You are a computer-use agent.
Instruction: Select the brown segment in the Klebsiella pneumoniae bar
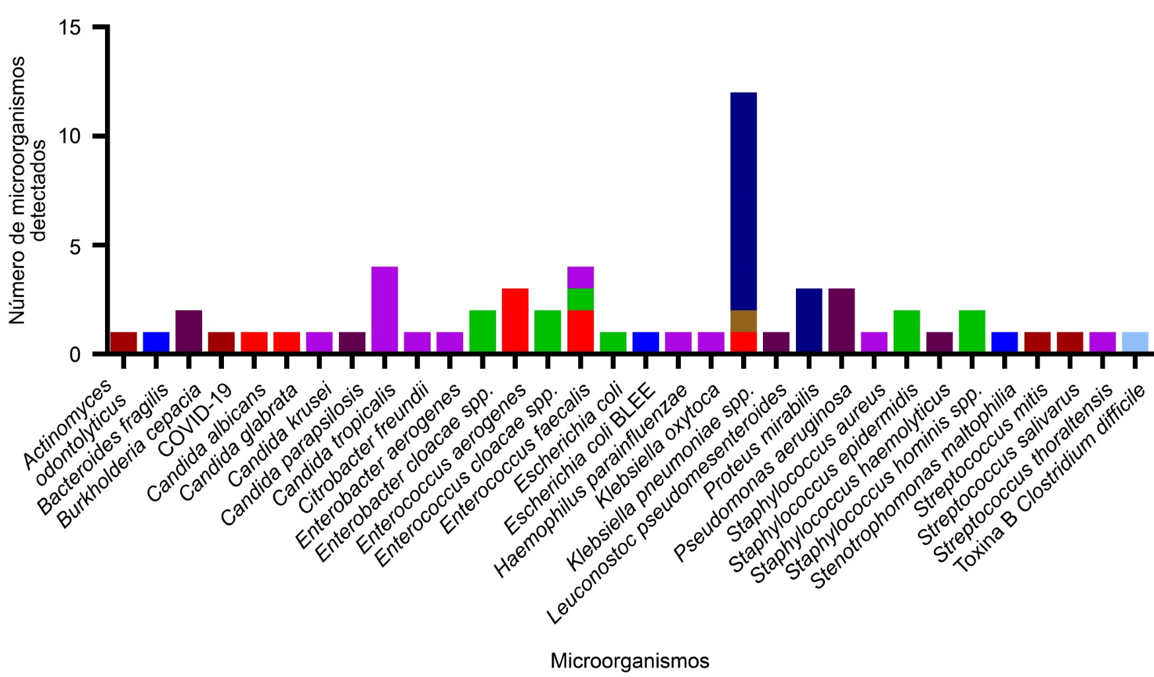click(x=744, y=321)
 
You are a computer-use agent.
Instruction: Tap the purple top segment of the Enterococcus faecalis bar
click(x=581, y=277)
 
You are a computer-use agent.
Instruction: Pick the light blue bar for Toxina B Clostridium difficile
click(x=1135, y=342)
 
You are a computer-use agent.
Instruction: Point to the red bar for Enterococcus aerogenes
click(x=515, y=321)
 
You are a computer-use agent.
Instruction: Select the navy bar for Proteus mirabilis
click(x=809, y=321)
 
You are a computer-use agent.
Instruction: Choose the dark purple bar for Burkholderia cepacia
click(x=189, y=331)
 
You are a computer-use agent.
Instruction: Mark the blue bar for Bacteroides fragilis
click(x=157, y=342)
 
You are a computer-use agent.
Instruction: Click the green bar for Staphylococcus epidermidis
click(x=906, y=331)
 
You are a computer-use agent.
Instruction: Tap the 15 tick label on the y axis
click(x=71, y=28)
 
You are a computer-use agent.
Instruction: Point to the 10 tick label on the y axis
click(x=71, y=137)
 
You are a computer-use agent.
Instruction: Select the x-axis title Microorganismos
click(x=630, y=661)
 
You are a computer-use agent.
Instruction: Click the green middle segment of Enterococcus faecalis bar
click(x=581, y=299)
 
